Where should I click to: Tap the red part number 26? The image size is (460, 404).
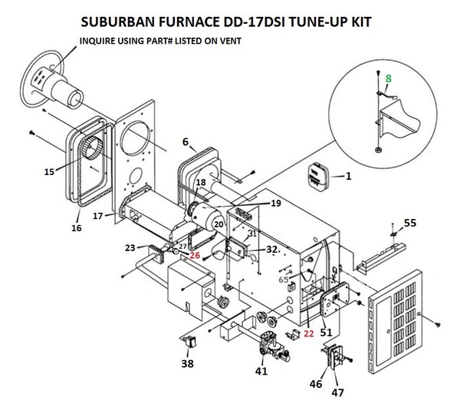[195, 256]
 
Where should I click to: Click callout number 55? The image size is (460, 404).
[410, 223]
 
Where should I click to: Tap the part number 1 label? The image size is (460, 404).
[348, 176]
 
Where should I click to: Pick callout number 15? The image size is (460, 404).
[49, 171]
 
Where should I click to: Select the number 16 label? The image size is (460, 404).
[76, 228]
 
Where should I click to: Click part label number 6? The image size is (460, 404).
[185, 141]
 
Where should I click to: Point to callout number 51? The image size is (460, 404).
[327, 333]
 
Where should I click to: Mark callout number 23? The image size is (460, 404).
[130, 247]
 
